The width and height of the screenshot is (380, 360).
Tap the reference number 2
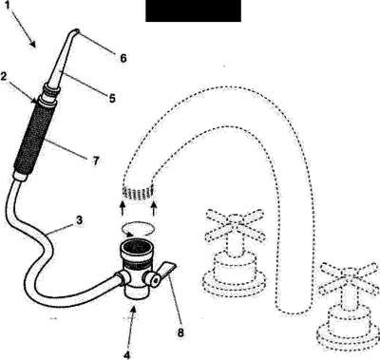(x=4, y=77)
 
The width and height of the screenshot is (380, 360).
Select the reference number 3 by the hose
(x=79, y=219)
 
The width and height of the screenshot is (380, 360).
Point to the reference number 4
(x=126, y=355)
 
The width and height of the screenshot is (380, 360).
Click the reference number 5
(x=112, y=99)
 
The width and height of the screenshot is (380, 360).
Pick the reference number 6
(x=123, y=58)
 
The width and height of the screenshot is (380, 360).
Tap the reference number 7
(x=96, y=161)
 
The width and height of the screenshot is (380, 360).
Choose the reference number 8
(x=180, y=332)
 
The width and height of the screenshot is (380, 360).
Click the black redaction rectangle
(x=193, y=10)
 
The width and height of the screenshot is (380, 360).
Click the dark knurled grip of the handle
(x=35, y=139)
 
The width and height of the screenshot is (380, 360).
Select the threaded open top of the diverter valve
(x=137, y=249)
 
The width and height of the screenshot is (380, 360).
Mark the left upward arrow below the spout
(x=123, y=209)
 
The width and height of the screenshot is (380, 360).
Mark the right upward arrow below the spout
(x=154, y=209)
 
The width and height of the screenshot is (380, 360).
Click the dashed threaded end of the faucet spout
(x=138, y=193)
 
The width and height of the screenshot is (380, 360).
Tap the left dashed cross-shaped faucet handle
(x=235, y=225)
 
